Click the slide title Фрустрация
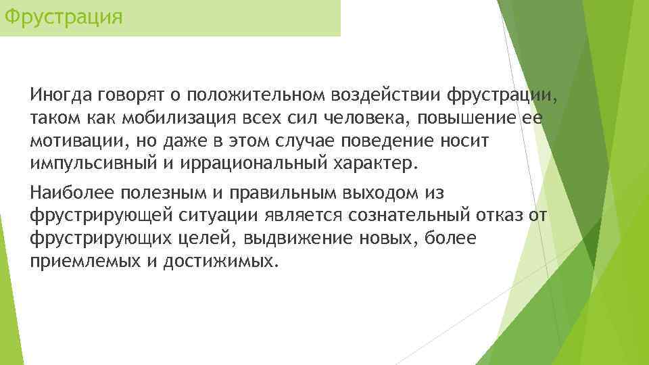[63, 15]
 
